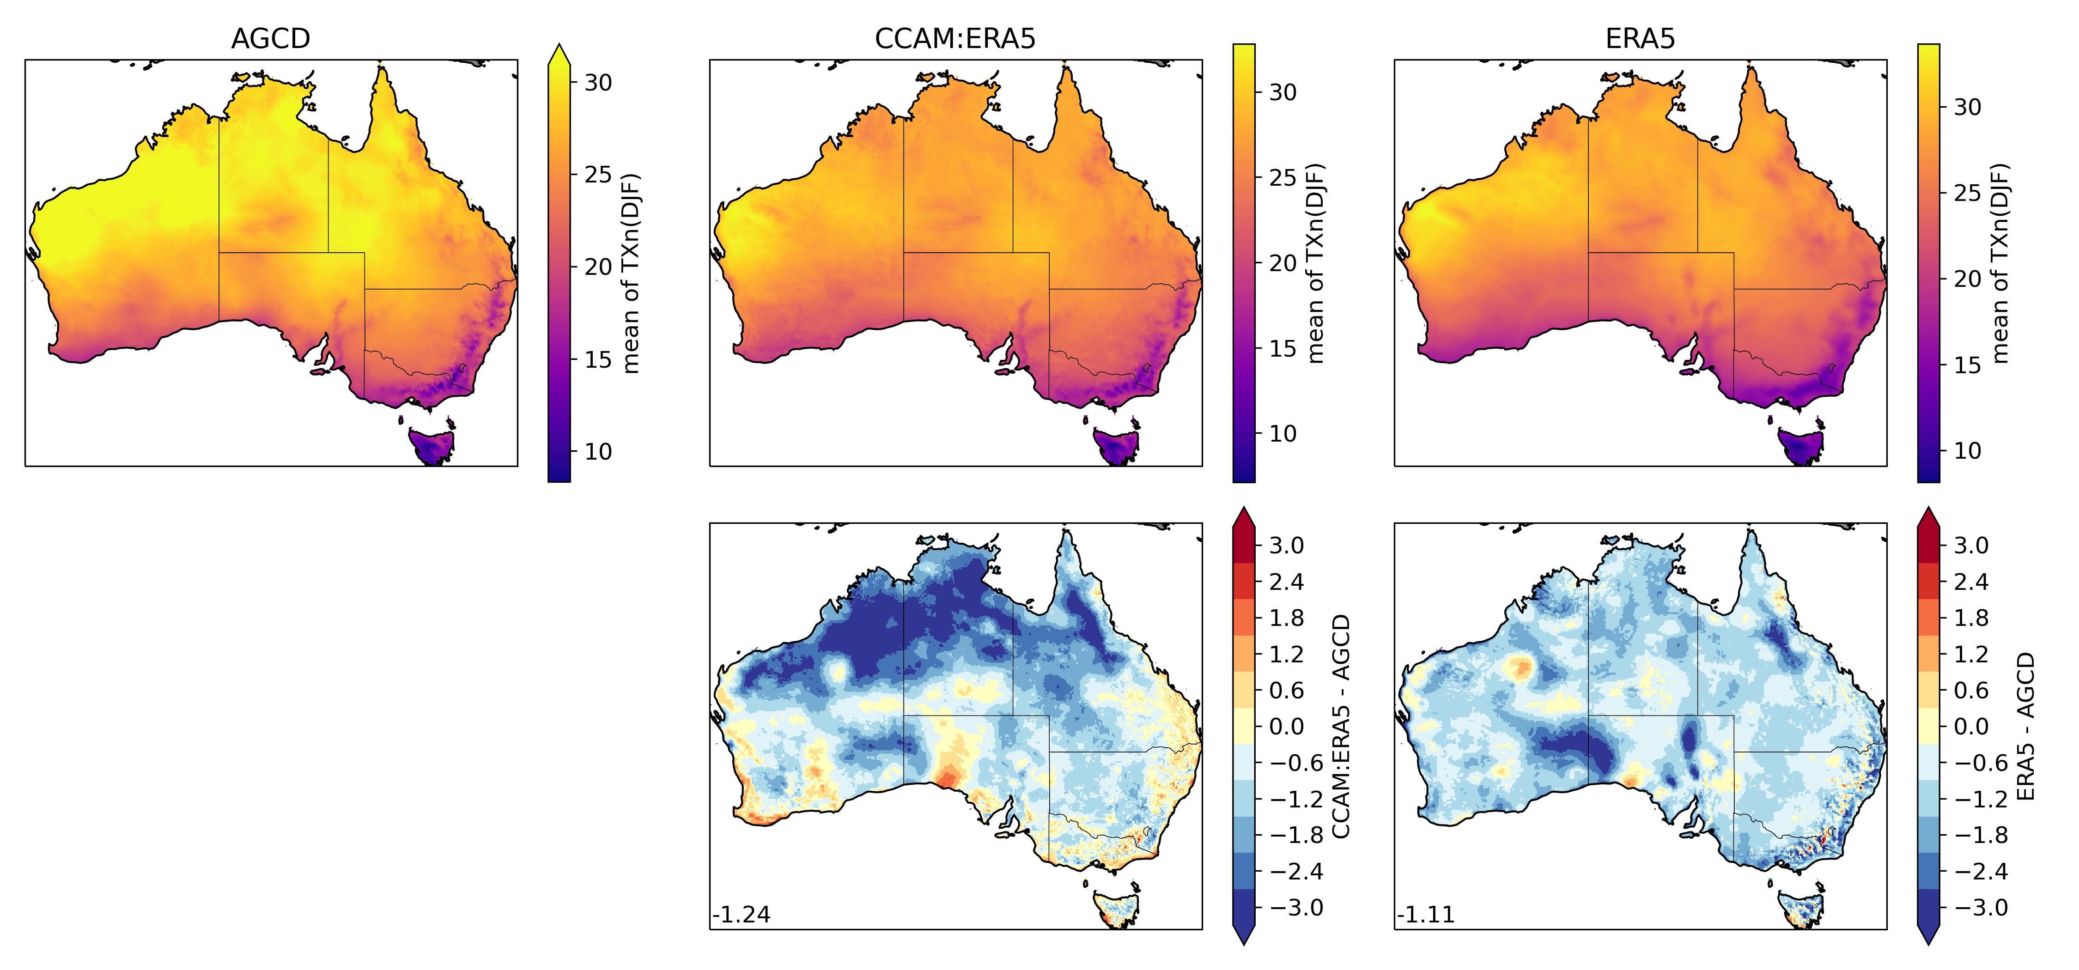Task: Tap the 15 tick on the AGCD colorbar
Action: (598, 359)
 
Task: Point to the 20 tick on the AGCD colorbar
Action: (598, 267)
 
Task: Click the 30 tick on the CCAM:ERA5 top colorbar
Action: (1283, 92)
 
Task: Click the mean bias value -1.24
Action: (741, 914)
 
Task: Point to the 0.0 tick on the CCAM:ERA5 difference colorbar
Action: (1286, 726)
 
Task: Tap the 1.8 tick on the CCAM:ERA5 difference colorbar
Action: (1286, 618)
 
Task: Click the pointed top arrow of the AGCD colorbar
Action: (559, 55)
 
